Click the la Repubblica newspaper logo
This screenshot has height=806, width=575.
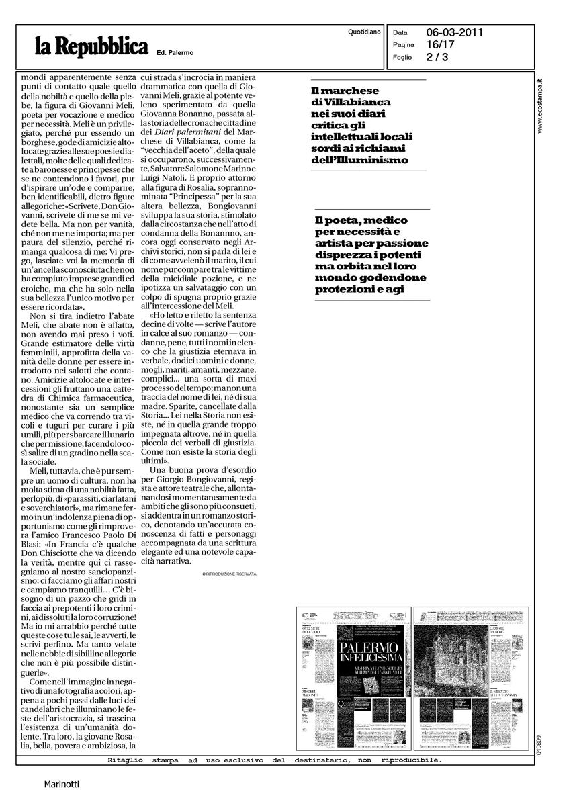coord(91,48)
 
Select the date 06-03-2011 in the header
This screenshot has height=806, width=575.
coord(455,32)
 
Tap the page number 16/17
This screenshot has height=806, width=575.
coord(439,44)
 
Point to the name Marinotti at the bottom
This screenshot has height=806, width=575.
coord(62,784)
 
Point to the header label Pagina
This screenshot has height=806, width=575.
coord(404,44)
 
